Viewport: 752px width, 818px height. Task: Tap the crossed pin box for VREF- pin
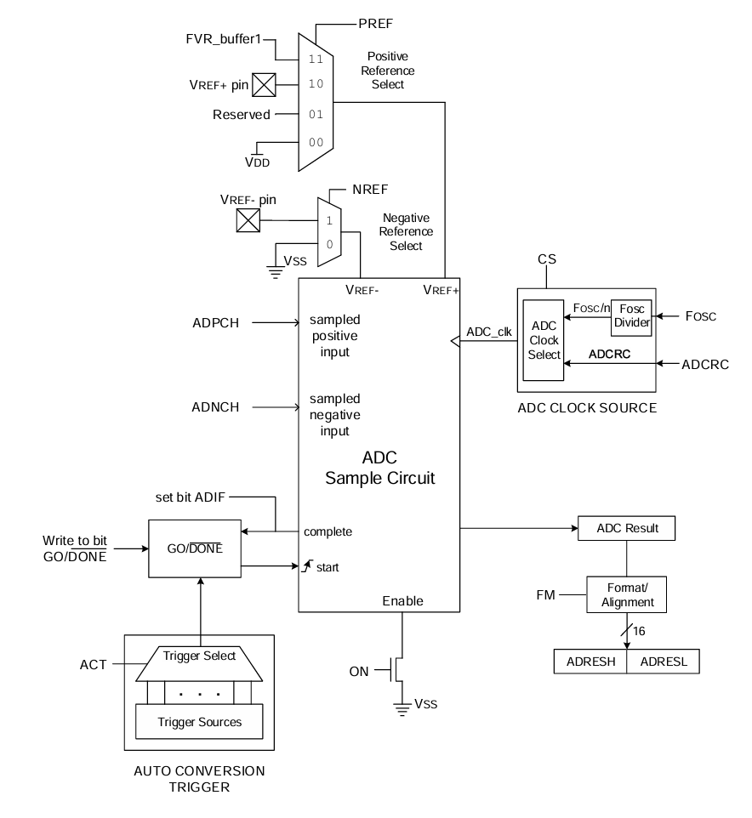pyautogui.click(x=247, y=221)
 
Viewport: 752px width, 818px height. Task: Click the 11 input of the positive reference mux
pyautogui.click(x=316, y=59)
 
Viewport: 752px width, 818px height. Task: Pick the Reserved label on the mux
pyautogui.click(x=242, y=114)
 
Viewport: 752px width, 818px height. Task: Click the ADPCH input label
pyautogui.click(x=217, y=324)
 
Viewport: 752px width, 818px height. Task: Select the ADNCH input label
pyautogui.click(x=217, y=407)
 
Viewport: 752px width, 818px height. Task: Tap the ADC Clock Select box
pyautogui.click(x=544, y=342)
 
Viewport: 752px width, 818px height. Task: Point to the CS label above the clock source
pyautogui.click(x=546, y=258)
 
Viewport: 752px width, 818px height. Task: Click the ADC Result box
pyautogui.click(x=626, y=529)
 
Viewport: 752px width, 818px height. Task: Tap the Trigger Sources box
pyautogui.click(x=199, y=723)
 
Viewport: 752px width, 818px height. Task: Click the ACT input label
pyautogui.click(x=94, y=665)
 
